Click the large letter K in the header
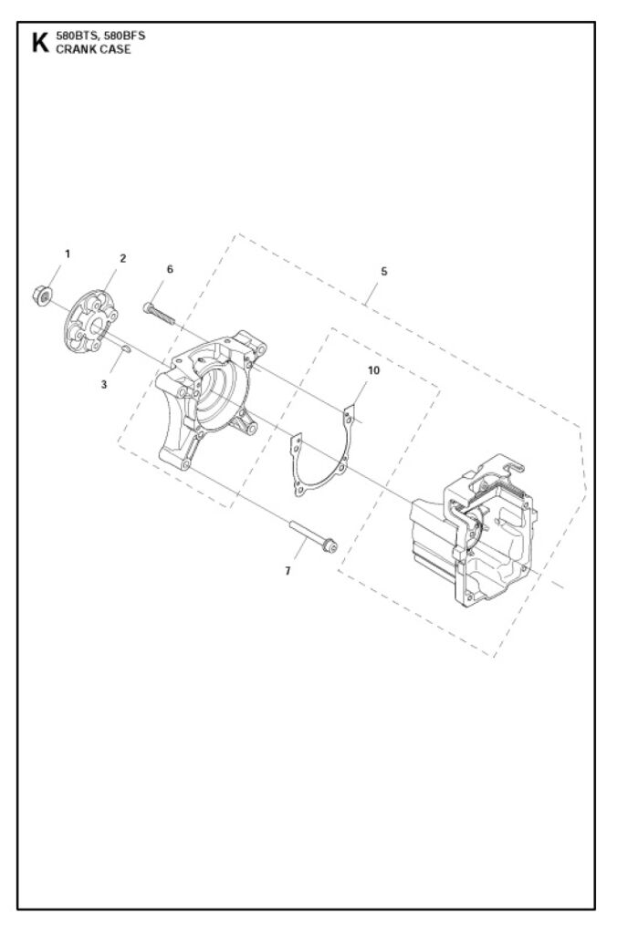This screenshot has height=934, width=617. point(40,42)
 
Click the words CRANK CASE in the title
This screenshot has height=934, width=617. point(94,49)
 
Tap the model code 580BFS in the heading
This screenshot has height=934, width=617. point(125,36)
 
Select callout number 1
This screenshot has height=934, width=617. point(68,254)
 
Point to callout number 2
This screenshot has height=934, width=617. point(123,258)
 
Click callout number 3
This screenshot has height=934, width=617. point(104,385)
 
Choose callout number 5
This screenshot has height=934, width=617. point(384,272)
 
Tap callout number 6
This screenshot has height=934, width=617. point(170,269)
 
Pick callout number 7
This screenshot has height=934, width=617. point(288,571)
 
